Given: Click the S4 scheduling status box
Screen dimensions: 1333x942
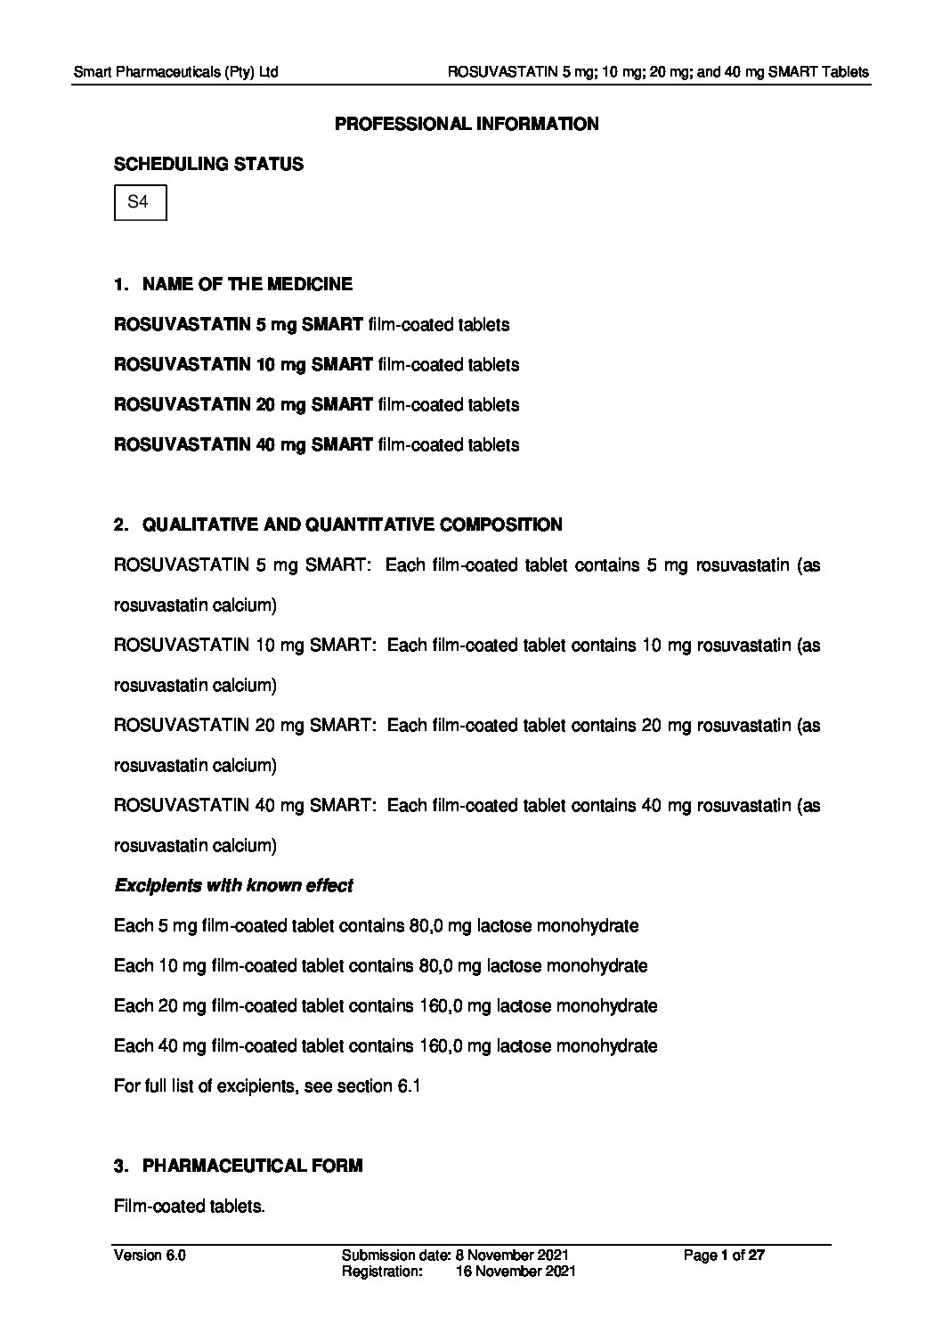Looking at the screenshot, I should tap(140, 202).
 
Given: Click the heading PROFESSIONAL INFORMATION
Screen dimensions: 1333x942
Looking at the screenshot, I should tap(466, 124).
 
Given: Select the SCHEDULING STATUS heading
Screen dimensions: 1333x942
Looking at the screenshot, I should tap(208, 164).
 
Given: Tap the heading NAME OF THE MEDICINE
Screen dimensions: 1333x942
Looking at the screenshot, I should tap(247, 284).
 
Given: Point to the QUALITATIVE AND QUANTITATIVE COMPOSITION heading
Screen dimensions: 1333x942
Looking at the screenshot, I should tap(352, 524).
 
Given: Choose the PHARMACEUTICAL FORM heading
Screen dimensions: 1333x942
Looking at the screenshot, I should tap(252, 1166).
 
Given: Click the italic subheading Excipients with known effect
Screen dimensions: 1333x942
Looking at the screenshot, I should tap(233, 885).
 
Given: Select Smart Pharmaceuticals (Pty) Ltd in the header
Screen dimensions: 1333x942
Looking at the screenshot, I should tap(175, 71).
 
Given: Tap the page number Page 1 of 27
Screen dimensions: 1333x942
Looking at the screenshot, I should tap(724, 1256).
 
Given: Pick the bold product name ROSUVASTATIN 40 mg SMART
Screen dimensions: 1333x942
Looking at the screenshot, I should tap(243, 444).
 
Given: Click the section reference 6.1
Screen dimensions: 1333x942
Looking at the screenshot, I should tap(406, 1085).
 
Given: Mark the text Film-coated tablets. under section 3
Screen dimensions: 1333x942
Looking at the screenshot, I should tap(190, 1206).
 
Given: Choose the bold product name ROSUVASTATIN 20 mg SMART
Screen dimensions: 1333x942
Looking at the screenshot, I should tap(243, 404).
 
